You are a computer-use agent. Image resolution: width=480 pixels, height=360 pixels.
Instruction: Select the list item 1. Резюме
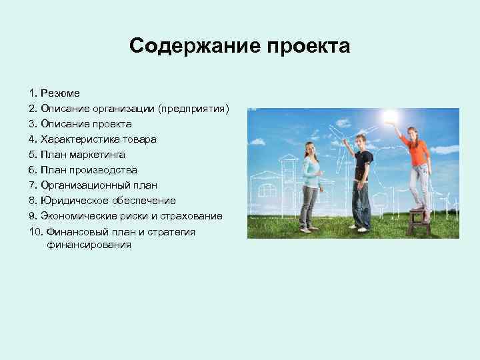54,93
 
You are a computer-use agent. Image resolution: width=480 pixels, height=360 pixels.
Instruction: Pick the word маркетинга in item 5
96,154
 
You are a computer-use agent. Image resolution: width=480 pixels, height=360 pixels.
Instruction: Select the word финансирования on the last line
89,245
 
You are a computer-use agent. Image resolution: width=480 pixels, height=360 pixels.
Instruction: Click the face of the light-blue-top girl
311,147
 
